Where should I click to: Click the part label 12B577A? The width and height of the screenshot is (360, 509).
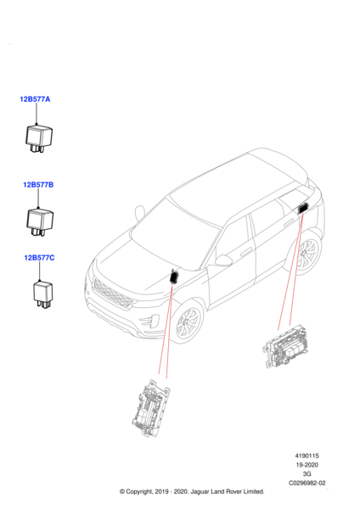pos(35,99)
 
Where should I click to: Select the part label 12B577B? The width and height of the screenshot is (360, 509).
pos(38,185)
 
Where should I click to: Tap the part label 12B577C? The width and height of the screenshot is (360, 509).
pos(39,258)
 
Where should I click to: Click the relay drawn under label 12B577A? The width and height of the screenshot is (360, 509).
pos(39,138)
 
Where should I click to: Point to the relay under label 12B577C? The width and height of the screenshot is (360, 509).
pos(42,294)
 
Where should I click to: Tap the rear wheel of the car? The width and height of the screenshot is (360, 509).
pos(306,254)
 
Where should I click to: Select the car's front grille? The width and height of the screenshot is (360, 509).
pos(112,294)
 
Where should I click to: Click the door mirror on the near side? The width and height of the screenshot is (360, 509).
pos(224,260)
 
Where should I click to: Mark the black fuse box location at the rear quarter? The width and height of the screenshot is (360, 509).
pos(303,208)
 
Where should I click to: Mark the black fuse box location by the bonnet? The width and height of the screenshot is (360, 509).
pos(174,277)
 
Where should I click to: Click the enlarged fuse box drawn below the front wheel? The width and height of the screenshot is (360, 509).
pos(151,408)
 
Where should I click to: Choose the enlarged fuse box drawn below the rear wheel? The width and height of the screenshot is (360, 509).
pos(285,346)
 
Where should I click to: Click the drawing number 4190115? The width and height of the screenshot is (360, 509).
pos(307,456)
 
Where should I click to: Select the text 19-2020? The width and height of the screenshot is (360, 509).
pos(307,465)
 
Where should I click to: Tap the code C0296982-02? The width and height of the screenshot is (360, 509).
pos(307,483)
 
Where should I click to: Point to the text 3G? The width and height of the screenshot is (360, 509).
pos(307,474)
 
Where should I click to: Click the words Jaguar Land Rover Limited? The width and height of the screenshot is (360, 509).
pos(227,491)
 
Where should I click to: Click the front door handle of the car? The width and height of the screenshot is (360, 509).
pos(246,252)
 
